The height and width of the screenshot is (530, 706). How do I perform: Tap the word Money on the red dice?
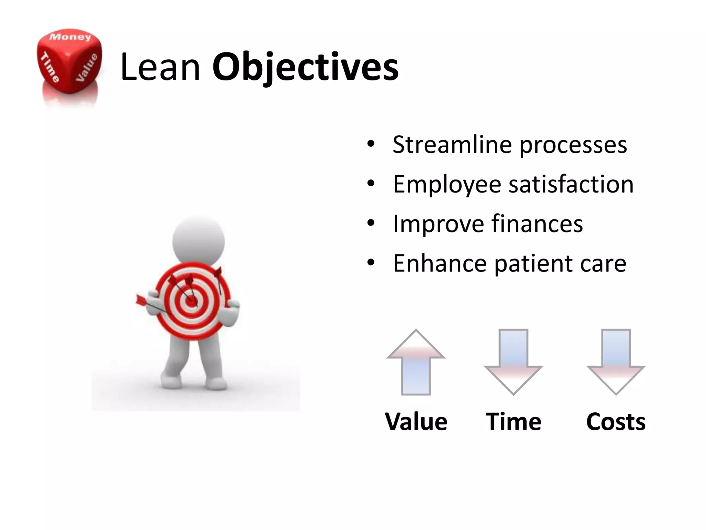pos(70,37)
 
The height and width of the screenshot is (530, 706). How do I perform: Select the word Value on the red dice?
pos(87,68)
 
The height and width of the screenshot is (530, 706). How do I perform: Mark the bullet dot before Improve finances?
pos(371,224)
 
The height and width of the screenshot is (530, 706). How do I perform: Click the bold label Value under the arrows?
pos(416,422)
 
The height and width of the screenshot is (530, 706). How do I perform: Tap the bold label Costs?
pos(616,422)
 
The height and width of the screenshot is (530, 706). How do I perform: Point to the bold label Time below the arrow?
pos(513,422)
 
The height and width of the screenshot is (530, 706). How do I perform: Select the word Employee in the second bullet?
pos(447,185)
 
